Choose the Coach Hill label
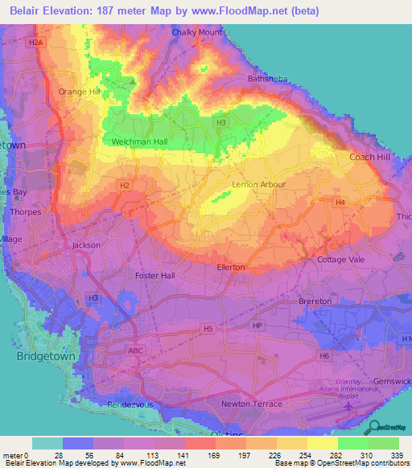point(369,158)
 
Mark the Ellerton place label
point(231,267)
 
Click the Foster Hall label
point(155,276)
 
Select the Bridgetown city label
point(44,355)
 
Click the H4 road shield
point(341,202)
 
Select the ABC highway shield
point(135,351)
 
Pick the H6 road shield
point(324,355)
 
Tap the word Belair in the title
point(25,10)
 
